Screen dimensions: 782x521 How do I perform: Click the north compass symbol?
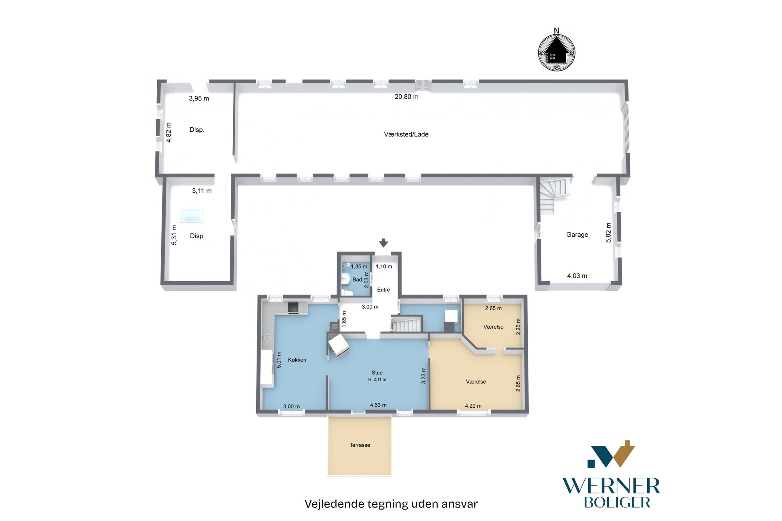(x=556, y=50)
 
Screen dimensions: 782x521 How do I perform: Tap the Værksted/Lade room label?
(x=406, y=135)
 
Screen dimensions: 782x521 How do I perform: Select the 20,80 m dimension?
(x=407, y=97)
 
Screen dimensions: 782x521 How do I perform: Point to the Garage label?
(x=577, y=235)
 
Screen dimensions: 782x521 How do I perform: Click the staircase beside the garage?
(x=554, y=196)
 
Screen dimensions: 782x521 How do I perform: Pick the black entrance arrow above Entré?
(x=384, y=243)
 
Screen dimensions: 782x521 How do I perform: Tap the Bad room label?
(x=357, y=280)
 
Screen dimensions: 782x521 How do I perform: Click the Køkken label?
(x=297, y=360)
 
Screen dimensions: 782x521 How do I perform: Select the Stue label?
(x=377, y=373)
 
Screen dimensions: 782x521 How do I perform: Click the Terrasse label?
(x=360, y=445)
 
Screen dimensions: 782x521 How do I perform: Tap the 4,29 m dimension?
(x=473, y=406)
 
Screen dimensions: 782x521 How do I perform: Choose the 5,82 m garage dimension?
(x=608, y=233)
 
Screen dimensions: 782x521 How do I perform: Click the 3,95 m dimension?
(x=199, y=98)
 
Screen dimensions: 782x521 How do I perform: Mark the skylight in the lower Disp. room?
(x=191, y=216)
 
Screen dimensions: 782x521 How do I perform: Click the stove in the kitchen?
(x=293, y=308)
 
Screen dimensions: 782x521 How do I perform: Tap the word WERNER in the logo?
(x=611, y=486)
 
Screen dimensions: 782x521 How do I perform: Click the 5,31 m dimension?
(x=174, y=235)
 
